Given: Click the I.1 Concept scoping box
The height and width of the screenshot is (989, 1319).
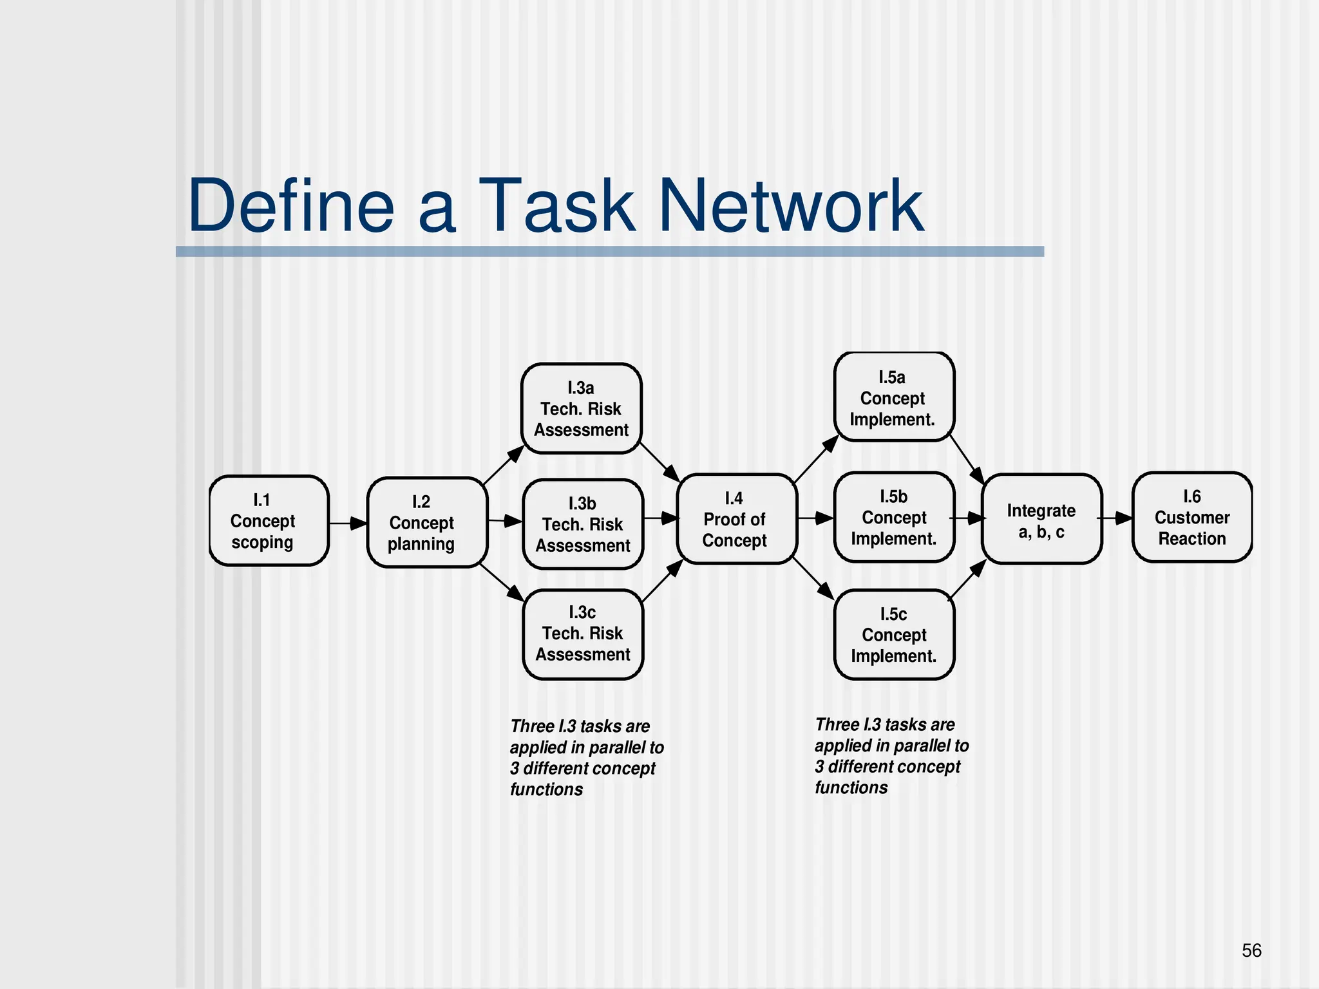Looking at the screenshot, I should coord(269,521).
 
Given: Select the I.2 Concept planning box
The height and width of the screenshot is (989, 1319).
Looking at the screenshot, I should coord(427,522).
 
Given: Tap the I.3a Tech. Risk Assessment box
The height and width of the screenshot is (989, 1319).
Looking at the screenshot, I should coord(582,408).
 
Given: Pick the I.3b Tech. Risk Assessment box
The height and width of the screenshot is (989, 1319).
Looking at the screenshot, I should coord(583,524).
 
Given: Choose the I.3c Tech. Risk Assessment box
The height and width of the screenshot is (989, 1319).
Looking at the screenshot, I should coord(583,634).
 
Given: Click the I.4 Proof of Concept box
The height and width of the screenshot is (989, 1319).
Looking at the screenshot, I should coord(737,519).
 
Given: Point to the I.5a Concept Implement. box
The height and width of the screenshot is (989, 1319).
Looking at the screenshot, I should coord(894,397).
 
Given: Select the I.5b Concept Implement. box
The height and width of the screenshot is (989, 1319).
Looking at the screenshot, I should coord(894,517).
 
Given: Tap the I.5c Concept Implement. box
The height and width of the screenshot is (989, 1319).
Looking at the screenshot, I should coord(894,634).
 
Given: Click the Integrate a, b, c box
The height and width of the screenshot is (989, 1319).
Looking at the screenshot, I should coord(1041,519).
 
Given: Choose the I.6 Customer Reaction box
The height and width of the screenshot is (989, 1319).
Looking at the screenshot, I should coord(1192,517).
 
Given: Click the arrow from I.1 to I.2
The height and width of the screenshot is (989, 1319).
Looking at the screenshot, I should coord(348,523).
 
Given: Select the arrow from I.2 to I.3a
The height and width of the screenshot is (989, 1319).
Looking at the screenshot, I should coord(504,464).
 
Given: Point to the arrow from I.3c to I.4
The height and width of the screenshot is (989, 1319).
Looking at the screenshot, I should coord(663,581).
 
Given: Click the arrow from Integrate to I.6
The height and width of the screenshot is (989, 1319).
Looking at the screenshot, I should coord(1115,518).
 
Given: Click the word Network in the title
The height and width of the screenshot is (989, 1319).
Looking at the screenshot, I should coord(792,206).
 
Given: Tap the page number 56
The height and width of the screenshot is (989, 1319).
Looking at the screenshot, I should coord(1251,950).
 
